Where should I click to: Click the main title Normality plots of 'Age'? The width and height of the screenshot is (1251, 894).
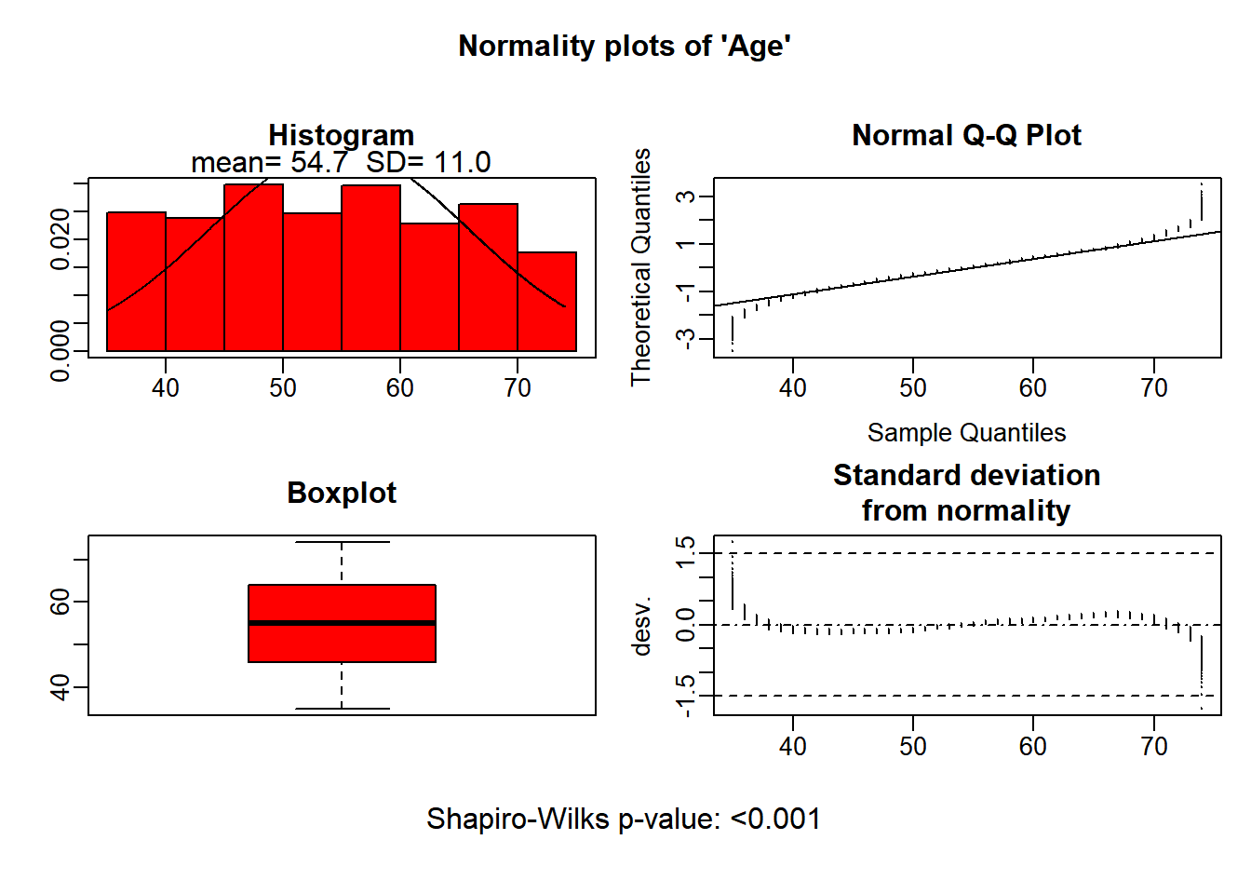point(625,47)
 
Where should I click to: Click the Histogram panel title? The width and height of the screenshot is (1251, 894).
point(341,135)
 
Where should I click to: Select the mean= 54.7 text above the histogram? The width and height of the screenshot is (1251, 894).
point(269,163)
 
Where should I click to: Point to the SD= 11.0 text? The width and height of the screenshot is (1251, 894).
point(428,163)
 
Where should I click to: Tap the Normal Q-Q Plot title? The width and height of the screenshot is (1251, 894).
point(966,136)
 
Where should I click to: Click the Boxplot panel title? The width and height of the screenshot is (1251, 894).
point(342,493)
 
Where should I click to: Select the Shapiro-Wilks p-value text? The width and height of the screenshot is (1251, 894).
point(624,819)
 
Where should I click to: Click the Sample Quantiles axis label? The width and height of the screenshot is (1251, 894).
point(966,433)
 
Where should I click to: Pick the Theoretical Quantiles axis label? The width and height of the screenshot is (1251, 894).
point(641,266)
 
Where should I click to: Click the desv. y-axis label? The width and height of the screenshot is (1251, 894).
point(641,626)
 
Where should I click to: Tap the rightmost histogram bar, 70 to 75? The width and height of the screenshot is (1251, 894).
point(547,302)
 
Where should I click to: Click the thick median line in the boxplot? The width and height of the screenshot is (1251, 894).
point(342,622)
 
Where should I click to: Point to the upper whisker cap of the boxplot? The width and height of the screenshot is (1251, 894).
point(342,542)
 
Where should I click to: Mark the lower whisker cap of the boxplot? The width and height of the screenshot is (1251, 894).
point(342,709)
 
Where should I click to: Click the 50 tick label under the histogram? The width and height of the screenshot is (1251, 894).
point(283,388)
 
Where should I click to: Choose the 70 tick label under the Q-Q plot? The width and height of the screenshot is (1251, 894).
point(1154,388)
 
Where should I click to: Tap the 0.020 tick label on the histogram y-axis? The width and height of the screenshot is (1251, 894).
point(61,239)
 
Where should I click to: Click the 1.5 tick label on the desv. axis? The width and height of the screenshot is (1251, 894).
point(685,553)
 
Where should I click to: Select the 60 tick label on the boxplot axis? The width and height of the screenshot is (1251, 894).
point(61,603)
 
